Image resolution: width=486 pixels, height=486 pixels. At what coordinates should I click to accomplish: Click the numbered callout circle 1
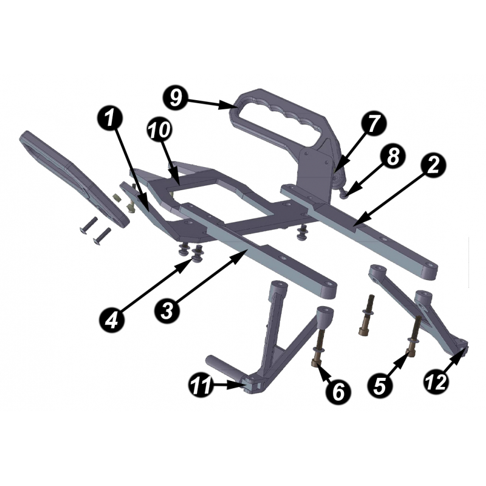109,119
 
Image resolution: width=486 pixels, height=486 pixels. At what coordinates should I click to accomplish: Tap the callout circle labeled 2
433,165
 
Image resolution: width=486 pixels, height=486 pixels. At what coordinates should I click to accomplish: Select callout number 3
168,310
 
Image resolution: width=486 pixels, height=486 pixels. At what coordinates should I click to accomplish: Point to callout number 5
380,386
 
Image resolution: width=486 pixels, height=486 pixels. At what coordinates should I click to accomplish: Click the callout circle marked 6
338,391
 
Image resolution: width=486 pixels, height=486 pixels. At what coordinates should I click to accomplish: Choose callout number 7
374,125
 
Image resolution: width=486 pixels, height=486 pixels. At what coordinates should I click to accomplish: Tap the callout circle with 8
393,157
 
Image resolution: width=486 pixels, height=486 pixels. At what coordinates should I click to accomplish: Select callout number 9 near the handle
176,97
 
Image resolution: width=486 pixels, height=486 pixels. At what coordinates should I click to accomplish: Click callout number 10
159,129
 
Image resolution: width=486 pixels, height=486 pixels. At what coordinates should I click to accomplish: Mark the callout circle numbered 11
200,385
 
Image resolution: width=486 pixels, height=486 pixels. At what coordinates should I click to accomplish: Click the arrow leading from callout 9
213,103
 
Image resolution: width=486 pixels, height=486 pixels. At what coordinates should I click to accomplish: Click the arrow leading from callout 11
229,386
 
